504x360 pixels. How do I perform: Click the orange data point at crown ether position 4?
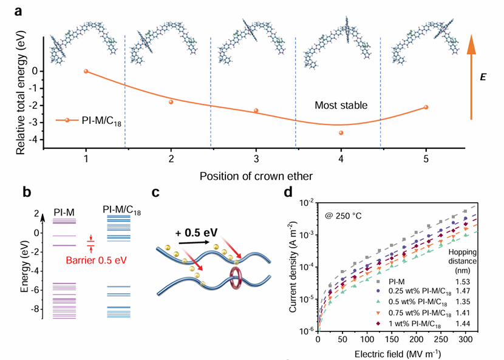click(x=341, y=133)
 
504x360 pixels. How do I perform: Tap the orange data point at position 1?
click(x=86, y=71)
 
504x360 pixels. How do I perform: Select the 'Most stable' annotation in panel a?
click(x=341, y=106)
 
